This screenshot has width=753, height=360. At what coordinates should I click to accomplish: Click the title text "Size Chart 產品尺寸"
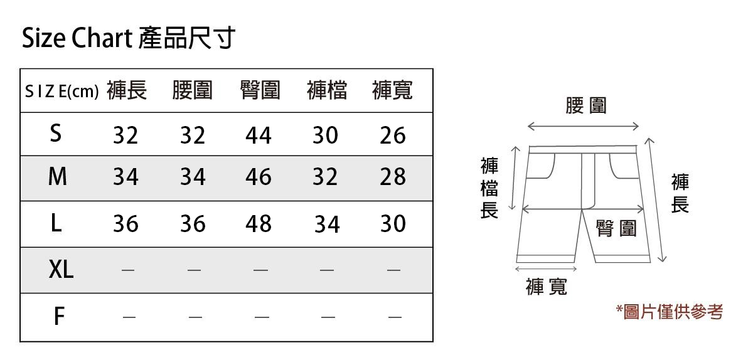pyautogui.click(x=129, y=39)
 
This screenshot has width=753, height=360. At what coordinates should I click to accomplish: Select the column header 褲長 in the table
pyautogui.click(x=127, y=91)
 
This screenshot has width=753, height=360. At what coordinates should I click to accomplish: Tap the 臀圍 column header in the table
pyautogui.click(x=260, y=91)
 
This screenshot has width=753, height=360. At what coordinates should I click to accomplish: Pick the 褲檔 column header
pyautogui.click(x=327, y=91)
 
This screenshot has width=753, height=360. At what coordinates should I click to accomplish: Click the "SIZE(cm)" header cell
pyautogui.click(x=61, y=92)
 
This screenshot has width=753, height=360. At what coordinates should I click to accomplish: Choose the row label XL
pyautogui.click(x=61, y=270)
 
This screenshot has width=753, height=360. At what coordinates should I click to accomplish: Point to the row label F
pyautogui.click(x=58, y=317)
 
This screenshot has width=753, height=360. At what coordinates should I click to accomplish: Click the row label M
pyautogui.click(x=57, y=177)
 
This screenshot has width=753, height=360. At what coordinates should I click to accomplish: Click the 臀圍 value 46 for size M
pyautogui.click(x=259, y=178)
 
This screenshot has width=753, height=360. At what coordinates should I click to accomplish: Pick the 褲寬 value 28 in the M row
pyautogui.click(x=393, y=178)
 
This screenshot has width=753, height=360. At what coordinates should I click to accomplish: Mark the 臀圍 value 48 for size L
pyautogui.click(x=259, y=224)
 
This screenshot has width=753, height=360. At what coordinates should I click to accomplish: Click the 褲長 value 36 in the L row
pyautogui.click(x=125, y=224)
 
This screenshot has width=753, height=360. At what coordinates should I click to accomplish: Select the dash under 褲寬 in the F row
pyautogui.click(x=394, y=317)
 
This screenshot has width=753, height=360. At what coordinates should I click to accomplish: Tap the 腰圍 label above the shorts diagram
pyautogui.click(x=586, y=106)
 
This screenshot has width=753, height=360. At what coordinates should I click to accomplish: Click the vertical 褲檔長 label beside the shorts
pyautogui.click(x=489, y=188)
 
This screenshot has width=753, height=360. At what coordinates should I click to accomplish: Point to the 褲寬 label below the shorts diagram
pyautogui.click(x=547, y=287)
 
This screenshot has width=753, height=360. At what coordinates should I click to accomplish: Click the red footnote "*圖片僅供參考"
pyautogui.click(x=670, y=312)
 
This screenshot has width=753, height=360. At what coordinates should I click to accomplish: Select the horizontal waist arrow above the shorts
pyautogui.click(x=583, y=127)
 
